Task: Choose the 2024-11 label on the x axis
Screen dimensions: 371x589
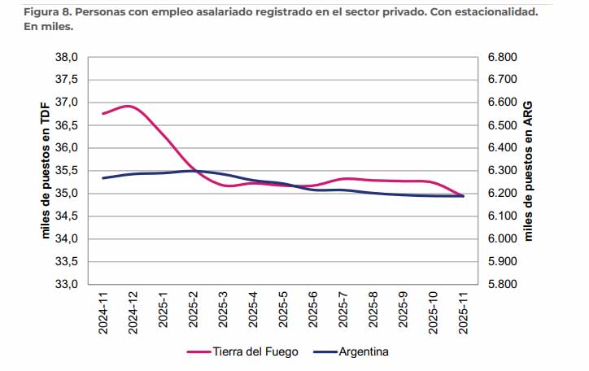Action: (x=103, y=312)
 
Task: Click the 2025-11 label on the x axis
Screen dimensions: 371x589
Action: (x=464, y=312)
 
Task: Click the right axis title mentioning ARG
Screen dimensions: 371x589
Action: (x=528, y=171)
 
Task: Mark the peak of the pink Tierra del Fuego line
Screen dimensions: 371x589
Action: (x=130, y=106)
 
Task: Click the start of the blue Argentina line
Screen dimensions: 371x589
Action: (x=103, y=177)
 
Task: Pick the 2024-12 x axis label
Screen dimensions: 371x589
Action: (x=133, y=312)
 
